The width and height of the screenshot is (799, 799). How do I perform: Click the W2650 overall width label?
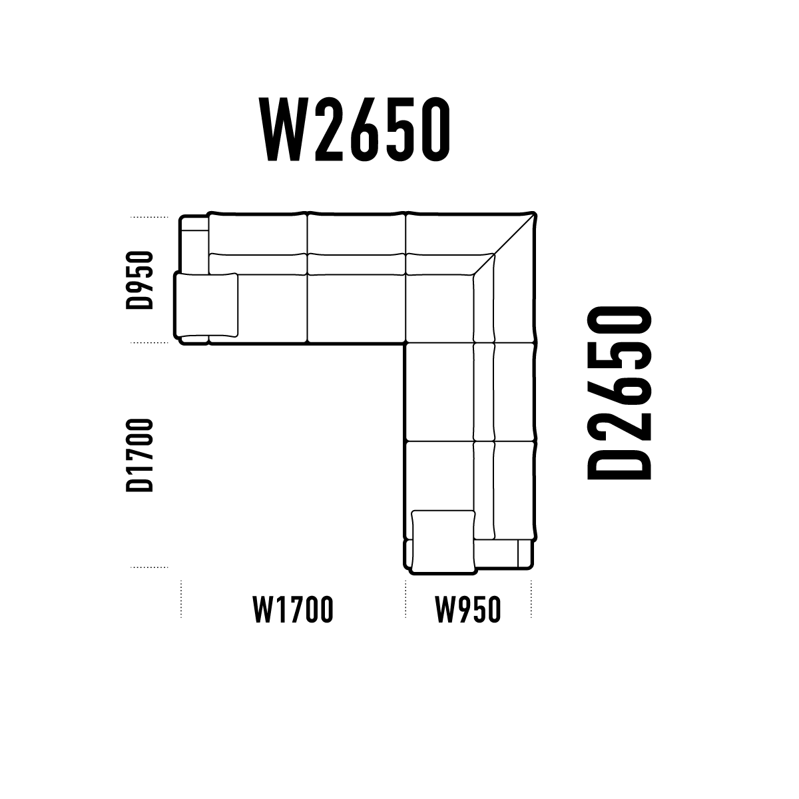click(354, 129)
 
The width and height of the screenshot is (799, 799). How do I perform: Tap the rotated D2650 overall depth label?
click(619, 393)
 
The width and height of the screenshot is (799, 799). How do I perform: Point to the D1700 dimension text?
click(140, 455)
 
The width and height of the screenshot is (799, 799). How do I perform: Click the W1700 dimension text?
click(293, 609)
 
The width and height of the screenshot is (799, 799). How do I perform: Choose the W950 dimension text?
click(468, 609)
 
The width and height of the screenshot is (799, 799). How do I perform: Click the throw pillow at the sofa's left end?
click(206, 305)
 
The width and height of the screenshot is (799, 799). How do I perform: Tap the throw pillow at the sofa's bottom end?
click(443, 543)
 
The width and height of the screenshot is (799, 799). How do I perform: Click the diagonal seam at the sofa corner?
click(504, 244)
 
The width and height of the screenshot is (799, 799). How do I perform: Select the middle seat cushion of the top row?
click(356, 308)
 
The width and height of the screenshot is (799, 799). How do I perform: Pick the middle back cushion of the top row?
click(356, 264)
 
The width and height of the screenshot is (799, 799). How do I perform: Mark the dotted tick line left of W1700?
click(181, 599)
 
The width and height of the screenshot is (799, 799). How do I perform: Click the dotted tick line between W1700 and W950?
click(406, 599)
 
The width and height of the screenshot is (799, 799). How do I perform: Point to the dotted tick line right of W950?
click(531, 599)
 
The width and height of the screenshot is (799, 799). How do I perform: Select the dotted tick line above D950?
click(149, 217)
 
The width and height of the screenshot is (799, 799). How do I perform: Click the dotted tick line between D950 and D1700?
click(149, 342)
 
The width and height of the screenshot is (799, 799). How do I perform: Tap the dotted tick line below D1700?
click(149, 567)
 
